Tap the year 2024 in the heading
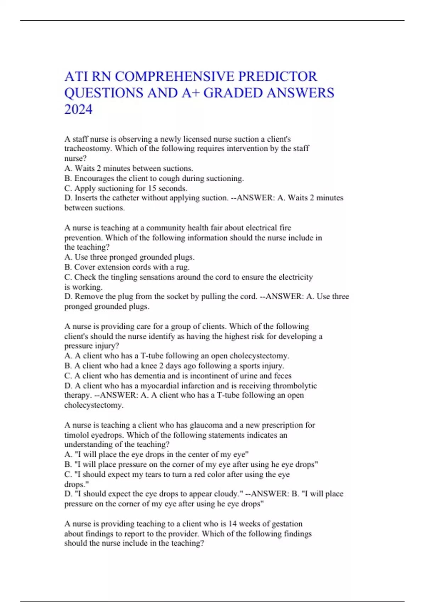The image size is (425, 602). pyautogui.click(x=78, y=109)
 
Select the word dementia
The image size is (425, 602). pyautogui.click(x=153, y=376)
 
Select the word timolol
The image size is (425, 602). pyautogui.click(x=77, y=435)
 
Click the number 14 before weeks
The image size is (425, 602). pyautogui.click(x=232, y=524)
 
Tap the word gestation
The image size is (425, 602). pyautogui.click(x=285, y=524)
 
